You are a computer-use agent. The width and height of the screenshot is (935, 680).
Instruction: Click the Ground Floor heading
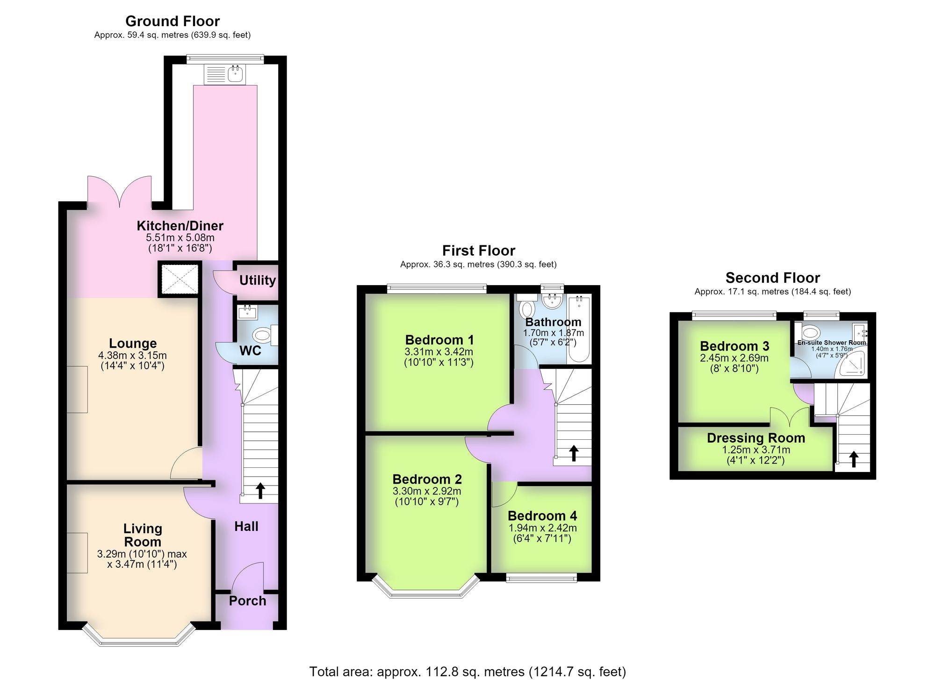click(173, 21)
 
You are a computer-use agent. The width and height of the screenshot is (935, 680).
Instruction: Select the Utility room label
click(258, 280)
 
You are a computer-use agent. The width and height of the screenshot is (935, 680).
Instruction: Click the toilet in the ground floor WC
click(265, 335)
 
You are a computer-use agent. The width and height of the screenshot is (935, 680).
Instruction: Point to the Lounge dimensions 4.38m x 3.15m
click(132, 356)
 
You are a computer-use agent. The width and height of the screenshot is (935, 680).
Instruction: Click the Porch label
click(247, 601)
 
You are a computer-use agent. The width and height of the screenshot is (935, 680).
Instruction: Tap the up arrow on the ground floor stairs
click(260, 491)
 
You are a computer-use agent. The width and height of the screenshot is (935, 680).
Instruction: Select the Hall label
click(246, 527)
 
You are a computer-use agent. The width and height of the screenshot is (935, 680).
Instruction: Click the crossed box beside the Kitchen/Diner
click(180, 280)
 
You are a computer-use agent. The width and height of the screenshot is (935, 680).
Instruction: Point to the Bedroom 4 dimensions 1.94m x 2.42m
click(542, 528)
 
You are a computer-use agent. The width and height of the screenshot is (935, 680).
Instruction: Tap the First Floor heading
click(479, 251)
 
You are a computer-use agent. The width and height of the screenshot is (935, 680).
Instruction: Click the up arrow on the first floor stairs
click(574, 453)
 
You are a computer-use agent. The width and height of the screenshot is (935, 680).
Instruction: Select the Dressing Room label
click(756, 438)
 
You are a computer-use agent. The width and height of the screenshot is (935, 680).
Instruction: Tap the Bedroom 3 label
click(734, 346)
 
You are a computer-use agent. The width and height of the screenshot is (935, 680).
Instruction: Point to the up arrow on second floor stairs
click(854, 459)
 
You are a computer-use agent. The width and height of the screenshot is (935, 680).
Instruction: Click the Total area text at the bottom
click(467, 672)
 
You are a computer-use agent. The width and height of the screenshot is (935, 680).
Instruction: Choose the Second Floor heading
click(772, 278)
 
